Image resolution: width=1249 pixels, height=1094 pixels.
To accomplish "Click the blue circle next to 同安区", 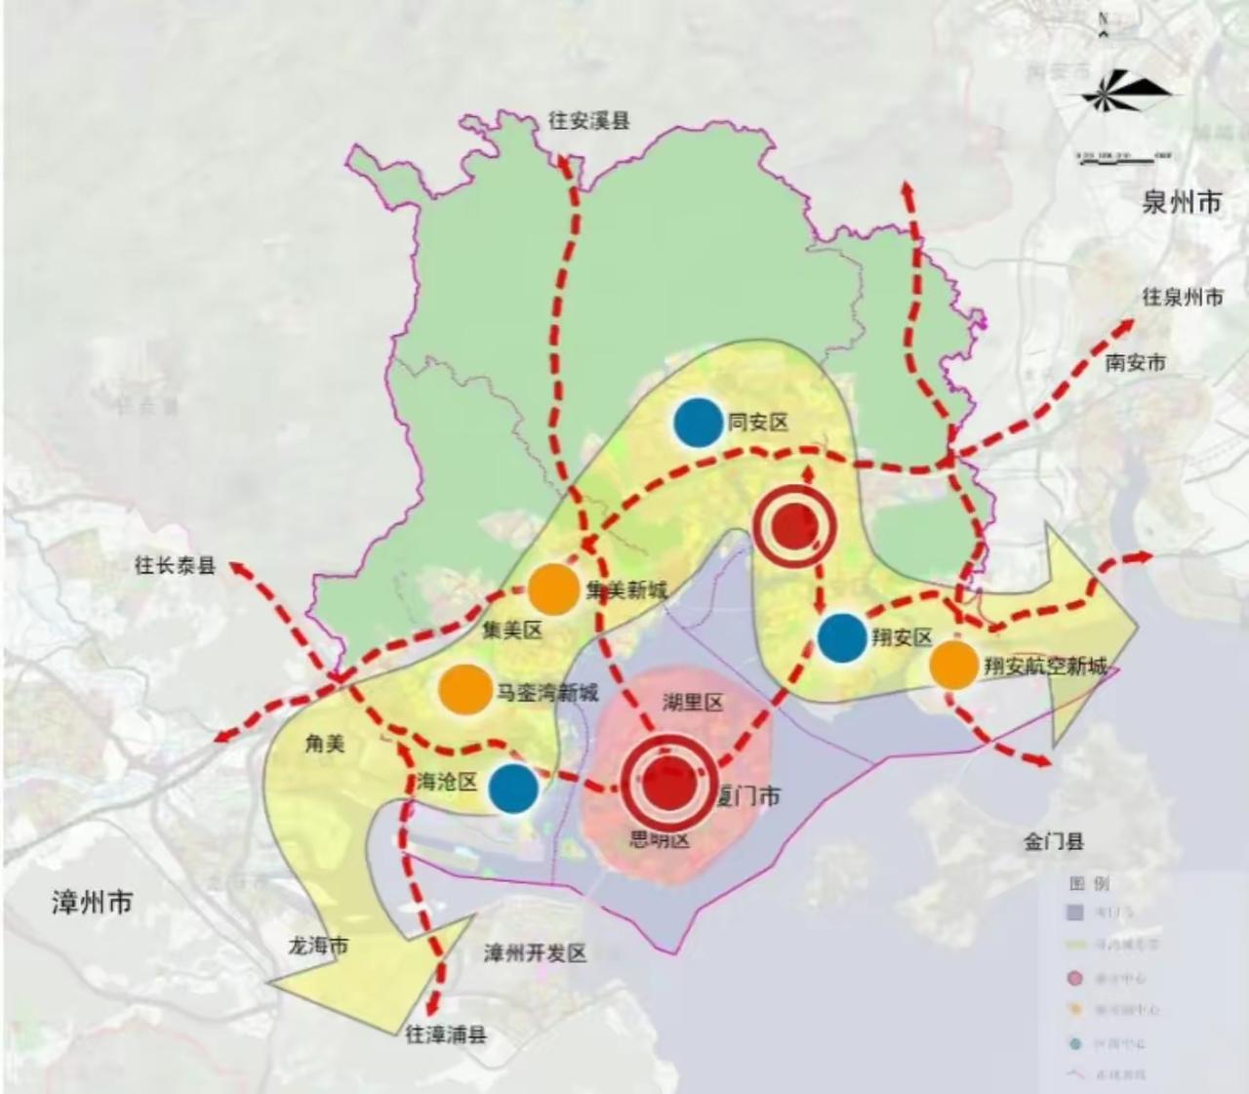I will tap(697, 423).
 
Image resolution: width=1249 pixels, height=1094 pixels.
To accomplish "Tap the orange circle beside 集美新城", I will tap(553, 589).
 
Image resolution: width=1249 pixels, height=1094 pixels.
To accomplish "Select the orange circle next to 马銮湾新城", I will tap(465, 689).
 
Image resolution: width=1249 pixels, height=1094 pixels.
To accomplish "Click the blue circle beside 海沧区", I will tap(513, 788).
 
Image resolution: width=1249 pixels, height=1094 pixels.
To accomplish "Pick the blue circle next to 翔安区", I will tap(842, 637).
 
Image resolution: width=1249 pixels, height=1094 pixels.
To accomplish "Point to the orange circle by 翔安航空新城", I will tap(953, 665).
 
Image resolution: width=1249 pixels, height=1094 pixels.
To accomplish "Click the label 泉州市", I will tap(1182, 203).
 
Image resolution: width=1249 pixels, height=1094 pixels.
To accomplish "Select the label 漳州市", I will tap(92, 901).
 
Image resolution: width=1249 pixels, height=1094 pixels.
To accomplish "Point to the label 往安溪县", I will tap(588, 121).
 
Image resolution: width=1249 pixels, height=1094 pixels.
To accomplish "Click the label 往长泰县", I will tap(175, 565).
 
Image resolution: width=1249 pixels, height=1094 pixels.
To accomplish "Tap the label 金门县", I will tap(1054, 841).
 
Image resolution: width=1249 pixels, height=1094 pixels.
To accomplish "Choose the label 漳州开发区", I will tap(536, 953).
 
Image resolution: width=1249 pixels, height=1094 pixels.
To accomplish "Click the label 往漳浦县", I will tap(446, 1035).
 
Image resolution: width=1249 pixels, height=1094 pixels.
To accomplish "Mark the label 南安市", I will tap(1135, 363).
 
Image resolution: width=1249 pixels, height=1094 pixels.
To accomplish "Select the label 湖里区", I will tap(692, 702).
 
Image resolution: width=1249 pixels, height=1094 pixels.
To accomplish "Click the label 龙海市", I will tap(317, 946).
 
